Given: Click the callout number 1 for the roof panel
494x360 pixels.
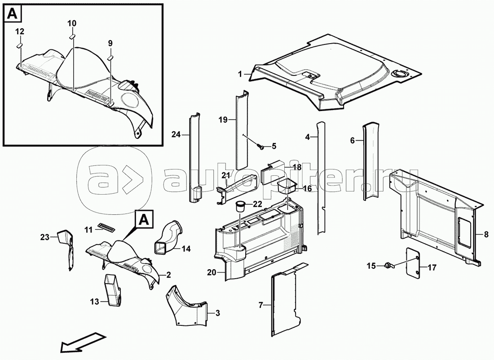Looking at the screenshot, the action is [240, 75].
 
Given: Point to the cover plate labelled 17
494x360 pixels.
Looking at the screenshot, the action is [413, 259].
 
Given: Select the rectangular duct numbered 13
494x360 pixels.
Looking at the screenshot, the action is [114, 290].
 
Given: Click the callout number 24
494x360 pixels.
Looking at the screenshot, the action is [176, 134].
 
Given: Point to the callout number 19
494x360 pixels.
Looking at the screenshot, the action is [223, 120].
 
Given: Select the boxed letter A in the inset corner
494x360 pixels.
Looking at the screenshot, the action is [12, 13].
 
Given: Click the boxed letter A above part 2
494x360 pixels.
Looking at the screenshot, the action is [144, 218].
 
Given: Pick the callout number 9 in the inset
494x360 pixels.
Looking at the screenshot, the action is [110, 43].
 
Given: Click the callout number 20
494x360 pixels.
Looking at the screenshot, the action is [212, 272].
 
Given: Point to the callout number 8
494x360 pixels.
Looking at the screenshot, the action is [486, 234].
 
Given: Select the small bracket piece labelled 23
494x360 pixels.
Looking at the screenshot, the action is [66, 250].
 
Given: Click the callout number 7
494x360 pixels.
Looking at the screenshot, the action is [260, 305].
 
